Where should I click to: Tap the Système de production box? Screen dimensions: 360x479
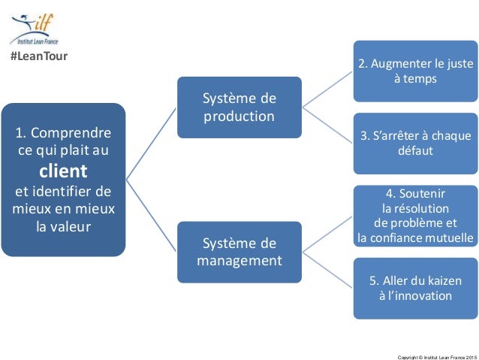tap(239, 107)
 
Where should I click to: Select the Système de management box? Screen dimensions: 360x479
tap(239, 252)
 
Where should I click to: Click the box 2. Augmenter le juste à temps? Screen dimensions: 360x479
tap(415, 71)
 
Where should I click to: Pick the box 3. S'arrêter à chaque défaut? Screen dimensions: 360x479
tap(415, 143)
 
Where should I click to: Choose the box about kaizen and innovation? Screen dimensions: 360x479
tap(415, 288)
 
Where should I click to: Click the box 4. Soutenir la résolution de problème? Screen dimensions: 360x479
tap(415, 216)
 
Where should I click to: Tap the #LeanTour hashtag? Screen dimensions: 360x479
tap(38, 56)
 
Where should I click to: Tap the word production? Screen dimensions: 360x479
tap(239, 116)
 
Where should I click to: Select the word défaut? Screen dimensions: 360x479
tap(415, 150)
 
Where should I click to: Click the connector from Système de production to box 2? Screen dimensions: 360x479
tap(327, 89)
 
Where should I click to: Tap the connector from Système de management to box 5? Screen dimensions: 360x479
tap(327, 270)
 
